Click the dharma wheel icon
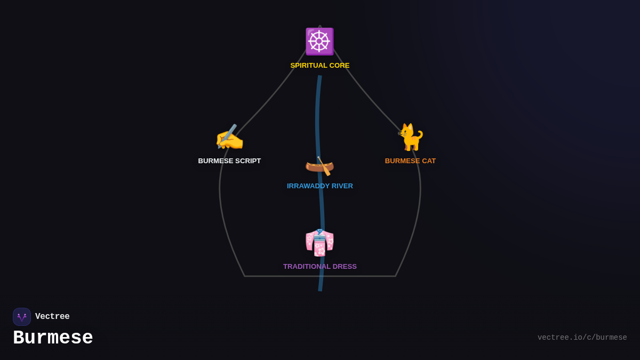(x=319, y=42)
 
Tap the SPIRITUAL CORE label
(x=320, y=66)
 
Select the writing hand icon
(x=229, y=138)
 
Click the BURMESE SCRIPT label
(x=229, y=161)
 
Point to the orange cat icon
(x=411, y=138)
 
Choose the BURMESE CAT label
(x=410, y=161)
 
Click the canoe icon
(x=319, y=166)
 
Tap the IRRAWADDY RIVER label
(x=320, y=186)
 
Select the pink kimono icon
(x=319, y=243)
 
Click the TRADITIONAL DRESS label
(x=320, y=267)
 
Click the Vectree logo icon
(x=22, y=317)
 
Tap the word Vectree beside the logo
(x=52, y=317)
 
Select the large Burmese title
(x=53, y=338)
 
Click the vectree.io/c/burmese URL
(x=582, y=338)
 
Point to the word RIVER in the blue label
(x=341, y=186)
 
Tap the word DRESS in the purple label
(x=345, y=267)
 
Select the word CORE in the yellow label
(x=339, y=66)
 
